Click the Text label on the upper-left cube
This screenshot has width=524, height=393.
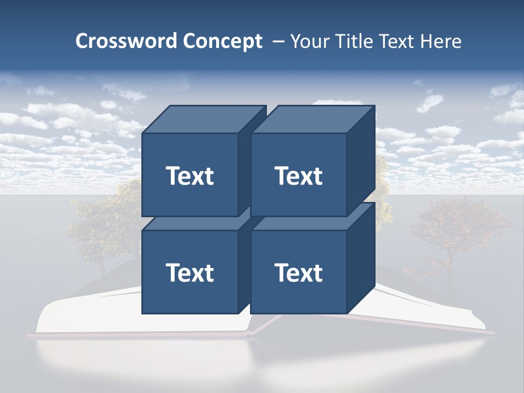(x=189, y=176)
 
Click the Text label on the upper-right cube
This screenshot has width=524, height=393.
(x=299, y=176)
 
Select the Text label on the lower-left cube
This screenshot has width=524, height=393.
(x=189, y=272)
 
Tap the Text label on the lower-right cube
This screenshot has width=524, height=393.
(x=299, y=272)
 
